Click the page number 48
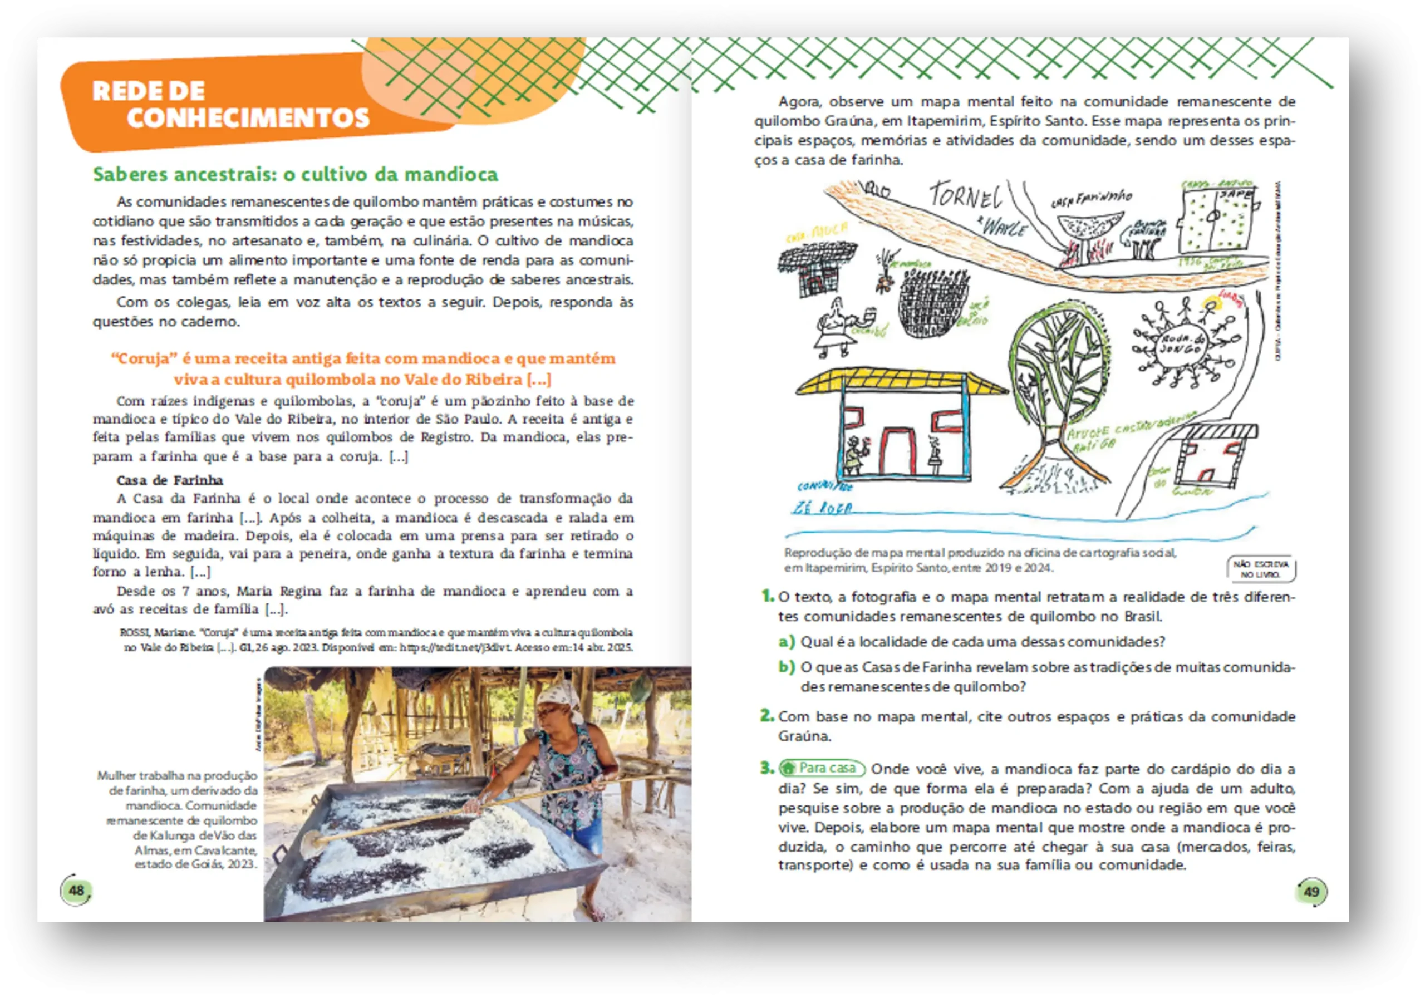[x=76, y=891]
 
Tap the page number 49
[x=1311, y=892]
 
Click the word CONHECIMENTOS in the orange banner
[x=248, y=118]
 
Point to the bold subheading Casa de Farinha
[x=169, y=480]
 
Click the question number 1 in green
[x=767, y=597]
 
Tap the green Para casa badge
[x=822, y=768]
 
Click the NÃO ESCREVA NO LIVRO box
[x=1261, y=568]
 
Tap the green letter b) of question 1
[x=787, y=667]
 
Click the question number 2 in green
[x=767, y=716]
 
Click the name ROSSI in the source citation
[x=135, y=632]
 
